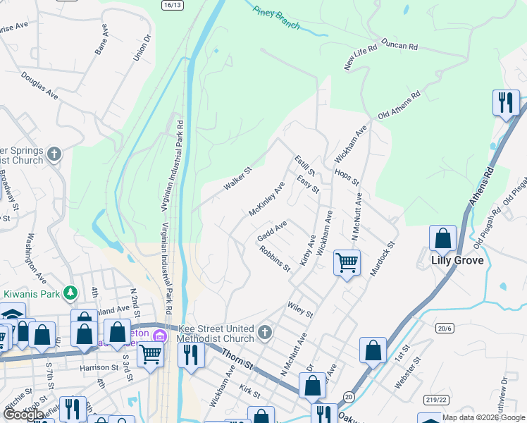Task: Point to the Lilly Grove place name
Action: [457, 260]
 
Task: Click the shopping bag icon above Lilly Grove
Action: [442, 238]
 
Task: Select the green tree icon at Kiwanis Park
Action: [70, 292]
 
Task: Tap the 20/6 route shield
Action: [445, 328]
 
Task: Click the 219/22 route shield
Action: [435, 400]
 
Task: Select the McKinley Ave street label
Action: [266, 199]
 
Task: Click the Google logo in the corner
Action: [23, 415]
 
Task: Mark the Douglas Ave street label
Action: [39, 84]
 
